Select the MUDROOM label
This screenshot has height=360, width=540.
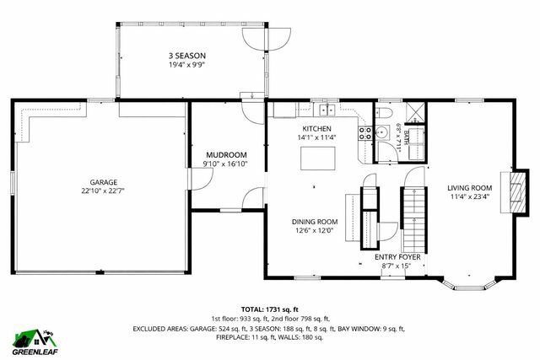click(226, 155)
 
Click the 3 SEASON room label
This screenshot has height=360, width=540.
click(186, 55)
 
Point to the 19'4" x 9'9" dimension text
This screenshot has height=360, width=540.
click(186, 64)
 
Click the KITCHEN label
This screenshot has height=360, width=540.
click(316, 128)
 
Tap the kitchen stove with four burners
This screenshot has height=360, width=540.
click(366, 132)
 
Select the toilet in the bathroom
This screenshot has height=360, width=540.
click(383, 113)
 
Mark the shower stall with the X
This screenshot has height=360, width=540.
click(414, 112)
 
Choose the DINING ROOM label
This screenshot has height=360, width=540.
click(315, 222)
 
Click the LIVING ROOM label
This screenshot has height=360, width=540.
click(469, 187)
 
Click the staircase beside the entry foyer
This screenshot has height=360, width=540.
click(413, 215)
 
